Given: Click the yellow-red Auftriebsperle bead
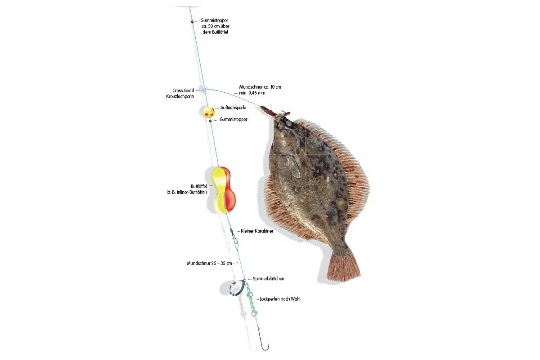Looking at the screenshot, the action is click(x=209, y=112).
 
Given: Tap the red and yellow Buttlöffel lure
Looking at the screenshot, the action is click(x=223, y=190).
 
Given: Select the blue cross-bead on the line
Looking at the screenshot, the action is click(x=204, y=90).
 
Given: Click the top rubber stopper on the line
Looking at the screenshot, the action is click(x=193, y=22).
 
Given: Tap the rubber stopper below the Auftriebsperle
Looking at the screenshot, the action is click(x=210, y=121).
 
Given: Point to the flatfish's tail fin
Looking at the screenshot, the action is click(x=344, y=267).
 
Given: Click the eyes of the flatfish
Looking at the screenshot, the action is click(x=285, y=124).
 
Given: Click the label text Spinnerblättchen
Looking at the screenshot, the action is click(x=269, y=279).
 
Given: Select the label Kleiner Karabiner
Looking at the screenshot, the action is click(x=257, y=231).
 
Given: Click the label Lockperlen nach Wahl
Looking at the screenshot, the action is click(x=280, y=299).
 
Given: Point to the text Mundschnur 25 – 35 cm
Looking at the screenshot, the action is click(x=210, y=264).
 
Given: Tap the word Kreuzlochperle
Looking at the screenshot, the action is click(x=180, y=96).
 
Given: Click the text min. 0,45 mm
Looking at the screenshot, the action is click(x=252, y=93).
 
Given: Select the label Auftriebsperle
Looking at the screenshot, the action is click(x=234, y=108).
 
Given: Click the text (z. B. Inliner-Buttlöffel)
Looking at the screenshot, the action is click(x=187, y=193).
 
